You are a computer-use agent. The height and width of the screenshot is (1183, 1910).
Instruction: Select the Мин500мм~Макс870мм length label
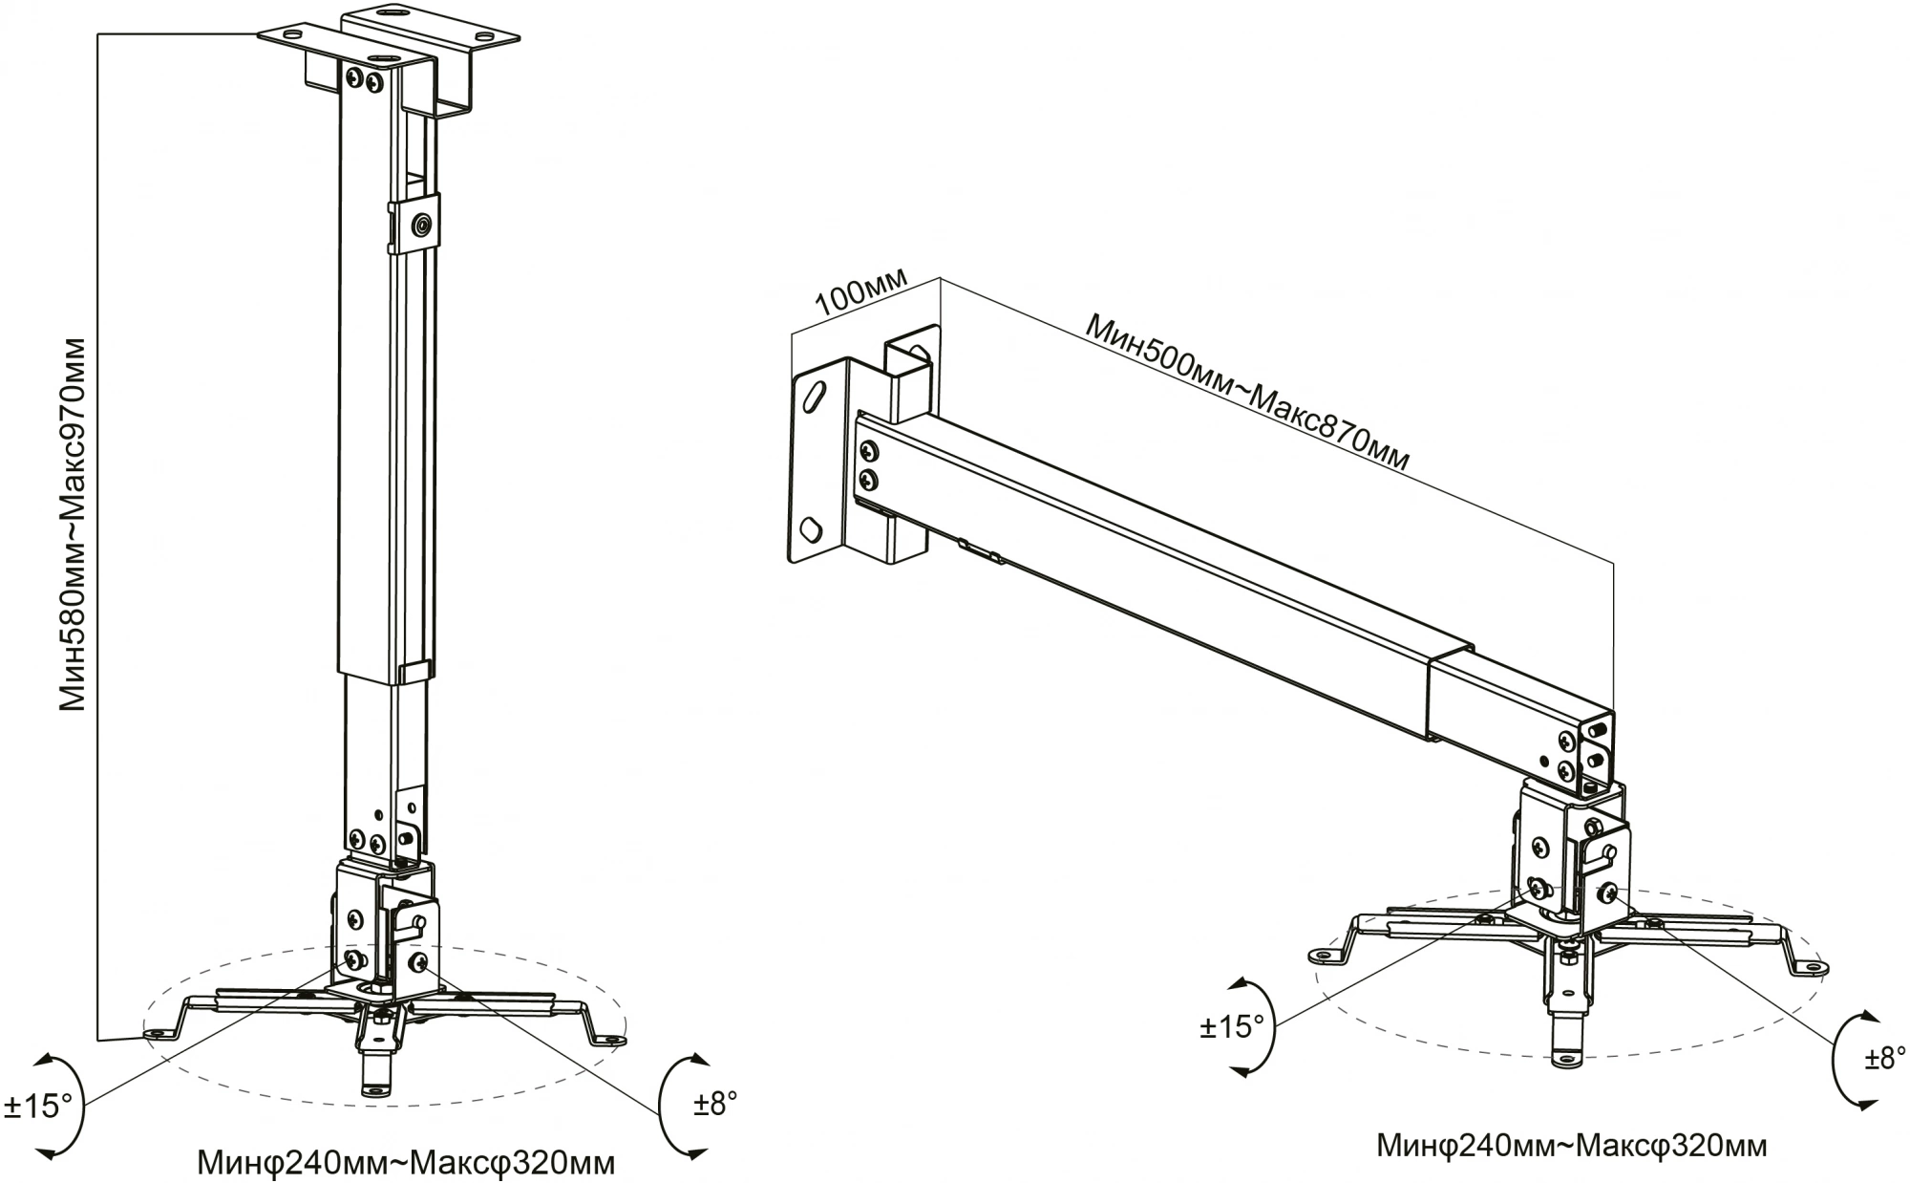click(1247, 391)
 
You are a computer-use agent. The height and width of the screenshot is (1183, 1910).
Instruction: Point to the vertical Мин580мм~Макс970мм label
click(74, 523)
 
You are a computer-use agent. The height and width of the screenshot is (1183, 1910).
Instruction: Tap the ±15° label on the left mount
click(38, 1107)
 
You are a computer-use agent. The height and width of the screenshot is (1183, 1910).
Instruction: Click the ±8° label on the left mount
click(715, 1104)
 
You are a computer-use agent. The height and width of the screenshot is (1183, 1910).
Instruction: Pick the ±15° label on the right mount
click(1232, 1026)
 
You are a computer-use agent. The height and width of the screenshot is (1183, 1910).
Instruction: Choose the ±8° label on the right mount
click(1885, 1059)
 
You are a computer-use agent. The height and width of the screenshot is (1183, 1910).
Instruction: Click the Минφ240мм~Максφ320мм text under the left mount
click(406, 1163)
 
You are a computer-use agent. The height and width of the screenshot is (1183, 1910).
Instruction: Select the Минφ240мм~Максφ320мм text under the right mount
click(1571, 1145)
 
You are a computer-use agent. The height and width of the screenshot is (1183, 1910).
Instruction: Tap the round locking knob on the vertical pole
click(420, 226)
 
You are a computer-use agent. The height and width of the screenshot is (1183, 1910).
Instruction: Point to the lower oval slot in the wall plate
click(809, 527)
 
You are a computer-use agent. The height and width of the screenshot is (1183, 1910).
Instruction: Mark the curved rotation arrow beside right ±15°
click(1259, 1027)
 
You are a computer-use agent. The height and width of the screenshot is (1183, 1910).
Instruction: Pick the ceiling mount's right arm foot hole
click(606, 1040)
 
